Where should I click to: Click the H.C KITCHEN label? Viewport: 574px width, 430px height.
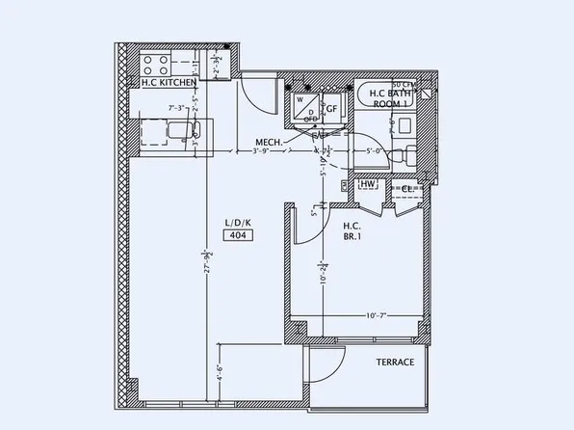click(x=170, y=84)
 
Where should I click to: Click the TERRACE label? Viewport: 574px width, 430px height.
click(x=395, y=363)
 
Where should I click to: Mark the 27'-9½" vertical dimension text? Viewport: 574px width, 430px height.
click(x=207, y=265)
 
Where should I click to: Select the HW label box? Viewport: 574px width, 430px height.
click(x=367, y=184)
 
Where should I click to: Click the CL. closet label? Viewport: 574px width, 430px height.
click(x=407, y=188)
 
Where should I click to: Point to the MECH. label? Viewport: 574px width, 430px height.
click(x=269, y=143)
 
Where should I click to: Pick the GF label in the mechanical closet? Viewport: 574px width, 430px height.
click(x=330, y=109)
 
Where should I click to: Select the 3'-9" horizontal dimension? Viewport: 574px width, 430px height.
click(x=260, y=151)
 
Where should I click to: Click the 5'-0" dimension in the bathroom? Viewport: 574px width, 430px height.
click(x=376, y=151)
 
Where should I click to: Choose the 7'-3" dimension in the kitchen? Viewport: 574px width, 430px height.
click(x=177, y=108)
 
